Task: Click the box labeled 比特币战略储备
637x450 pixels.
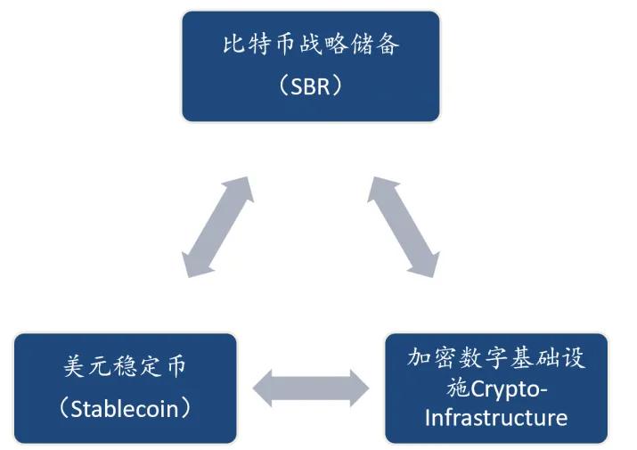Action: click(x=310, y=66)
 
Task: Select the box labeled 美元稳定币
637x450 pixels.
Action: click(x=126, y=388)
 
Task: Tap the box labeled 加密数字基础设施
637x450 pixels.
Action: click(x=495, y=388)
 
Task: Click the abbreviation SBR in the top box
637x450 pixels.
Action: click(x=311, y=86)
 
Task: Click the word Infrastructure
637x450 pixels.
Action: click(x=496, y=418)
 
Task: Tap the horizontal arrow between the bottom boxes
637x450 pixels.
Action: click(x=310, y=388)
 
